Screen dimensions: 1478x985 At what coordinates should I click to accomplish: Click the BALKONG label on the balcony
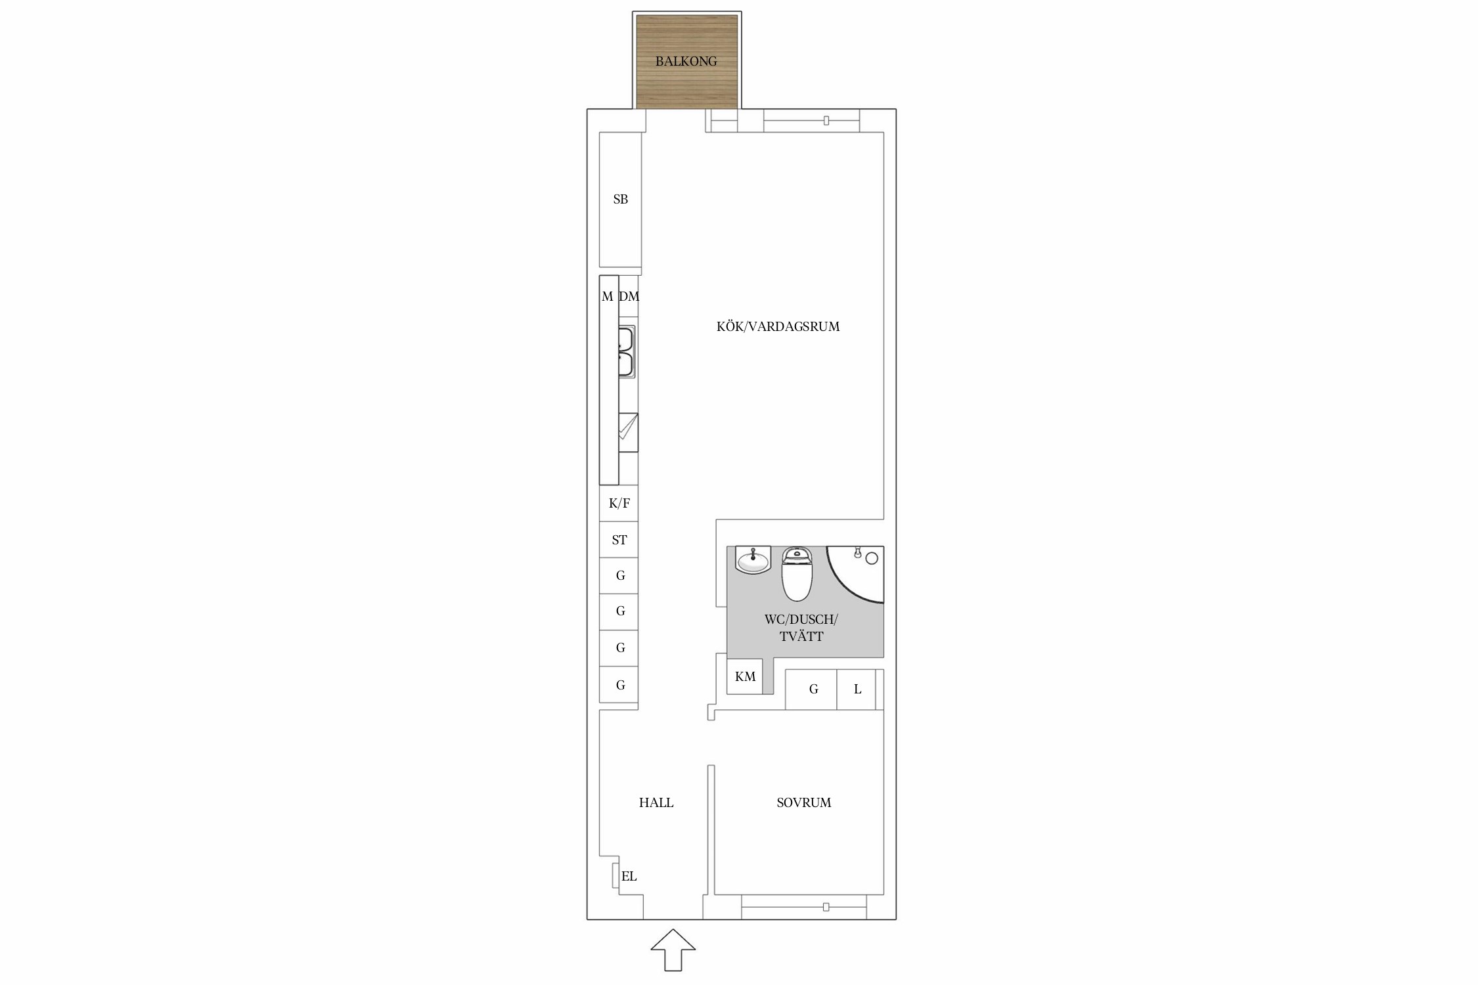click(686, 62)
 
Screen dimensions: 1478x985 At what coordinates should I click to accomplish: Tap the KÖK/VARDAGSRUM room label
click(778, 326)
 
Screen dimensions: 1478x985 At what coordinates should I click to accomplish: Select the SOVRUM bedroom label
click(804, 802)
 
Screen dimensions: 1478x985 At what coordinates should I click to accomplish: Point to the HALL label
click(656, 802)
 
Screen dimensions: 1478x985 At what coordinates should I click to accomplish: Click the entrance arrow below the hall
click(673, 950)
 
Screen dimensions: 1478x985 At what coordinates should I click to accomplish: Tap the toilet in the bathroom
click(797, 573)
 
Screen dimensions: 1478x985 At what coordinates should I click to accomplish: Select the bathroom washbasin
click(753, 560)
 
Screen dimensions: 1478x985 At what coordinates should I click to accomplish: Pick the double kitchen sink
click(627, 352)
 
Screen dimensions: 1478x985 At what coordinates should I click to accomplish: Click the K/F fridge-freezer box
click(619, 503)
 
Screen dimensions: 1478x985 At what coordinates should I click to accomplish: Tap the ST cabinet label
click(619, 540)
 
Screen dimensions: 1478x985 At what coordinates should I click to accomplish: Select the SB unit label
click(621, 200)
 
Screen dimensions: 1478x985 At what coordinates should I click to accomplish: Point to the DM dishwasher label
click(629, 297)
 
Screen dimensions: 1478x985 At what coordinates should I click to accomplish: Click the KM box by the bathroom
click(745, 676)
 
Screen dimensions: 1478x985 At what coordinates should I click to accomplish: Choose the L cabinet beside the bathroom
click(857, 689)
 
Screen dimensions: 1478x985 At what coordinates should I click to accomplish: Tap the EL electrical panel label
click(629, 876)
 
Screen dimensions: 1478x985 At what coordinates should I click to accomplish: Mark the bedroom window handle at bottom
click(826, 908)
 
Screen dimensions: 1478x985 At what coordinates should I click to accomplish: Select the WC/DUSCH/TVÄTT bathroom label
click(801, 628)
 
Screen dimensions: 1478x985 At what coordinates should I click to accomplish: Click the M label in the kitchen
click(608, 297)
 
